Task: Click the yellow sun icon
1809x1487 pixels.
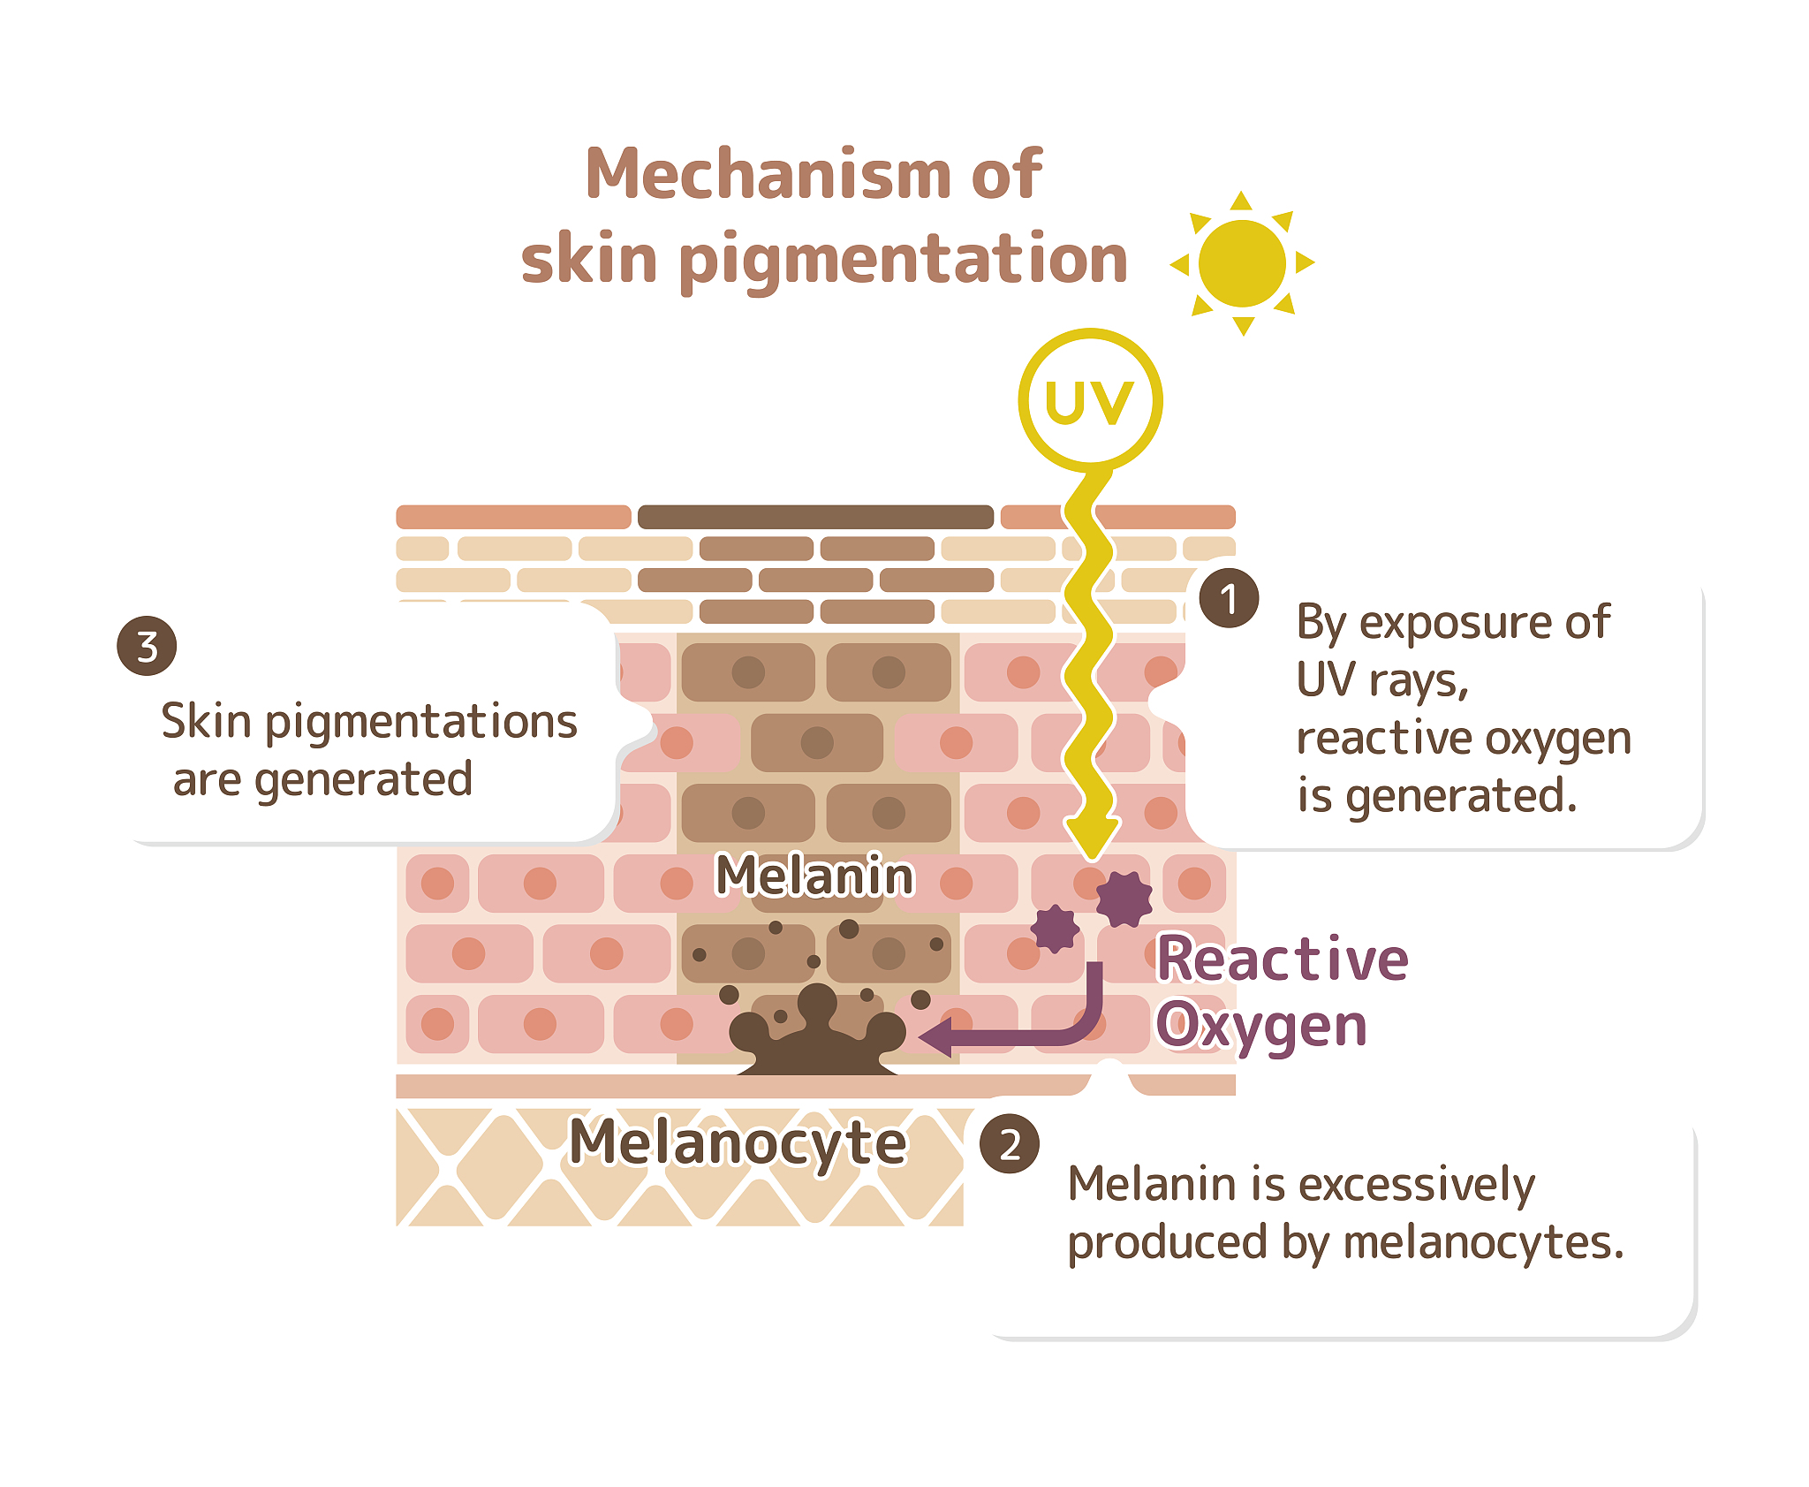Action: coord(1242,263)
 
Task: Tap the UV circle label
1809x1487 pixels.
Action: coord(1090,402)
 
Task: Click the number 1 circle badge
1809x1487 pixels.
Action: coord(1229,598)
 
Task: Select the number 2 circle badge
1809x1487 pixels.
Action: coord(1010,1144)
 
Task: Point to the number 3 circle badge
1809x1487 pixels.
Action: coord(147,646)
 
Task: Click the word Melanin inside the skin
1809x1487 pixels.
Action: coord(814,876)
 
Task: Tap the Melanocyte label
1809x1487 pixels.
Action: coord(738,1142)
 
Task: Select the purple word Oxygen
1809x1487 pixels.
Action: coord(1261,1027)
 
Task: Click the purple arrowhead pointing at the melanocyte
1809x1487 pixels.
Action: coord(936,1036)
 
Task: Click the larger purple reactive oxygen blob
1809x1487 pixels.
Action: coord(1124,899)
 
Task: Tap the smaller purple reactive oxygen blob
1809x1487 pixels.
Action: coord(1056,929)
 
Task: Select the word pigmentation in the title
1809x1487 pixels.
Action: coord(903,260)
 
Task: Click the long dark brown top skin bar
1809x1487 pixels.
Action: coord(815,517)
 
